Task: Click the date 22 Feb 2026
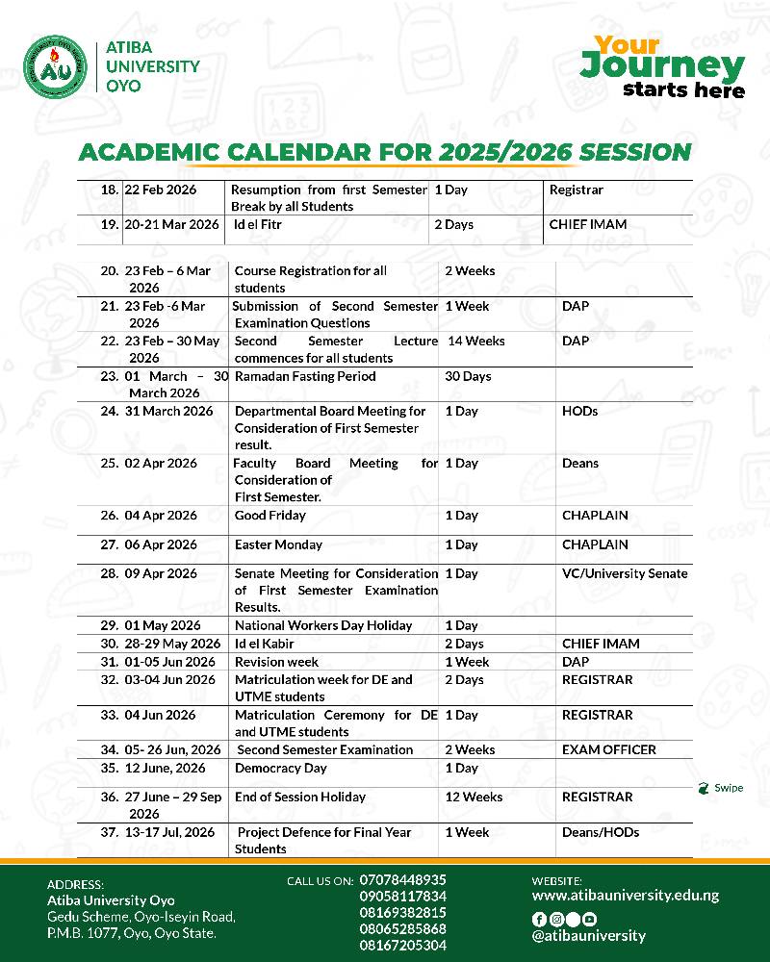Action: point(161,190)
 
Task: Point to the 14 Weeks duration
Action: point(475,341)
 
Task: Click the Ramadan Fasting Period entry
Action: point(305,376)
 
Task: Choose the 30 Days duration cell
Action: point(468,376)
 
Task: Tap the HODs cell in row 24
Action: point(579,411)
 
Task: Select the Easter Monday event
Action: point(278,544)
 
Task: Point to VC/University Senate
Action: point(625,573)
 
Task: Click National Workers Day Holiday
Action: point(323,625)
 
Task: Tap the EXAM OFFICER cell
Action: point(608,749)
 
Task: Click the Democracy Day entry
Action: point(281,768)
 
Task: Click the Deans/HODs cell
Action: point(601,832)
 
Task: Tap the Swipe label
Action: point(728,788)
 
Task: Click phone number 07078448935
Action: point(403,879)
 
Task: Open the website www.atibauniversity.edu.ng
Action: point(626,895)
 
